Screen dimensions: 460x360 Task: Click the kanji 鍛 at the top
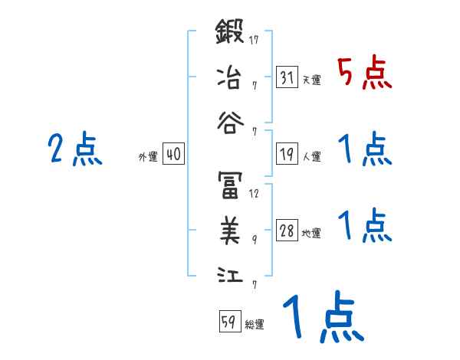(x=230, y=34)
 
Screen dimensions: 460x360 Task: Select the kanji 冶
(x=230, y=77)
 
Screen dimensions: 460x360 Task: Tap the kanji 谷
(x=230, y=119)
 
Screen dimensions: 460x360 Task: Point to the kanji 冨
(x=230, y=185)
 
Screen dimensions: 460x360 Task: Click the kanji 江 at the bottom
(x=230, y=273)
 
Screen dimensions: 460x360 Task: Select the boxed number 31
(x=287, y=77)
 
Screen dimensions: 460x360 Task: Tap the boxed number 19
(x=287, y=154)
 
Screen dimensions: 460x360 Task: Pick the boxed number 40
(x=173, y=154)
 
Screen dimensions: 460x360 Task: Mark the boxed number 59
(x=229, y=322)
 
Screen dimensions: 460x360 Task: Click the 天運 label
(x=311, y=80)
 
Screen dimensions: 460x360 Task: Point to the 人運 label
(x=311, y=156)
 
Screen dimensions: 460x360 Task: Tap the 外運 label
(x=147, y=156)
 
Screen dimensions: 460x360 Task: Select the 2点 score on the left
(x=74, y=149)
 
